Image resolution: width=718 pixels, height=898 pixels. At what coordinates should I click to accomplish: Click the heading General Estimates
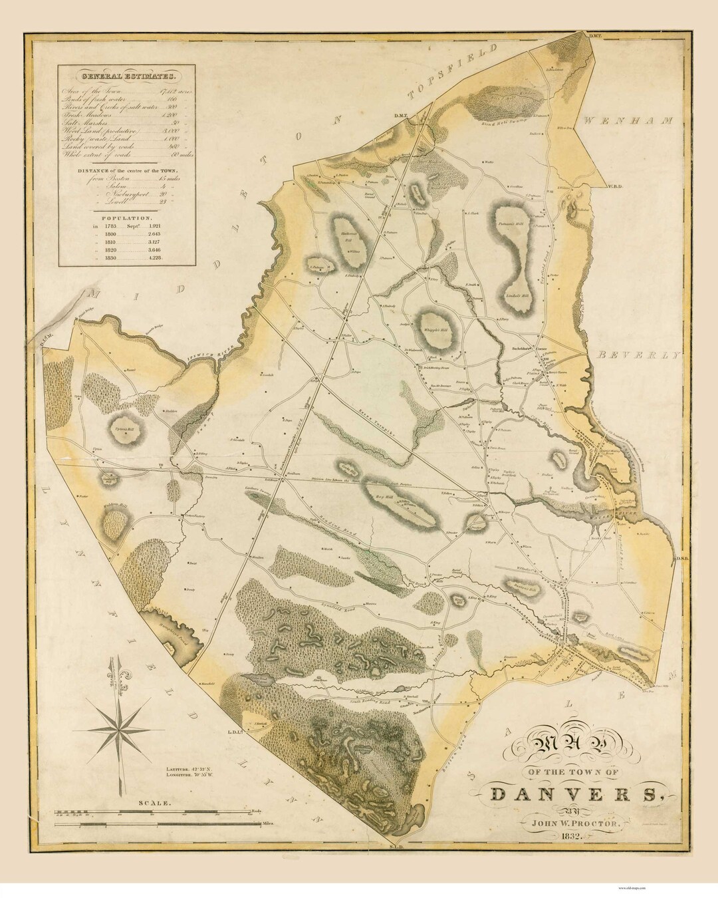[x=124, y=75]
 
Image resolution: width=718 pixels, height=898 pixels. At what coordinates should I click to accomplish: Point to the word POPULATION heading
[x=124, y=218]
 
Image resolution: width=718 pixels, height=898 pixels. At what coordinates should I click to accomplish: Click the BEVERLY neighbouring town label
[x=638, y=355]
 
